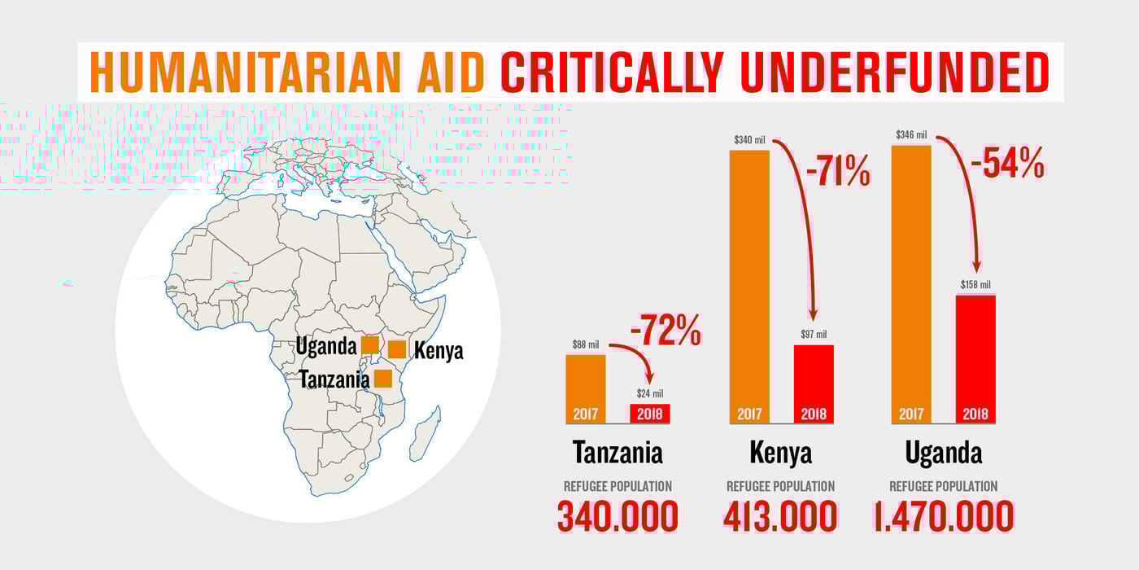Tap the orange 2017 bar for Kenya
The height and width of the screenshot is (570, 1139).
(x=748, y=285)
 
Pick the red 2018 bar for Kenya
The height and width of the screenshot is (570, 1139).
(x=813, y=383)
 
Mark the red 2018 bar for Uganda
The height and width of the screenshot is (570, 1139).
(x=975, y=358)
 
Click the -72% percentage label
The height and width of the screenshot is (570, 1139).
(x=666, y=331)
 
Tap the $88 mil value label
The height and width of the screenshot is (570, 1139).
(x=585, y=344)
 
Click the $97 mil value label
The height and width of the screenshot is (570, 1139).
(x=813, y=334)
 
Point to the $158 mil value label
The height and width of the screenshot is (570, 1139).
(x=975, y=284)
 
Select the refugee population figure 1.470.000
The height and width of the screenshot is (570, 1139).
(x=944, y=516)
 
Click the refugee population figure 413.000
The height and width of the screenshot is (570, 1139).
(x=780, y=516)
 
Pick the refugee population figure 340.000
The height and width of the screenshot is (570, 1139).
(x=618, y=516)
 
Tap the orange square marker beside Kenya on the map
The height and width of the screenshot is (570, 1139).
(x=397, y=349)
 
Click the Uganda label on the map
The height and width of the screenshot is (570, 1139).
(x=326, y=346)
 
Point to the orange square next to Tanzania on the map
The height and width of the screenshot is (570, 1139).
(x=383, y=379)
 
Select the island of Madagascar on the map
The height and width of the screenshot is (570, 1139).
(x=425, y=432)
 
